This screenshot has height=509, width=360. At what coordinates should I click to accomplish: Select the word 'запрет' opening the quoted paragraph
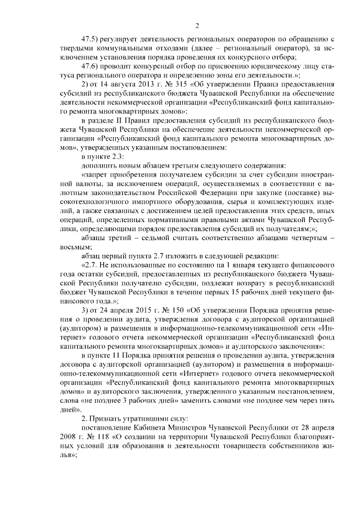97,174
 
